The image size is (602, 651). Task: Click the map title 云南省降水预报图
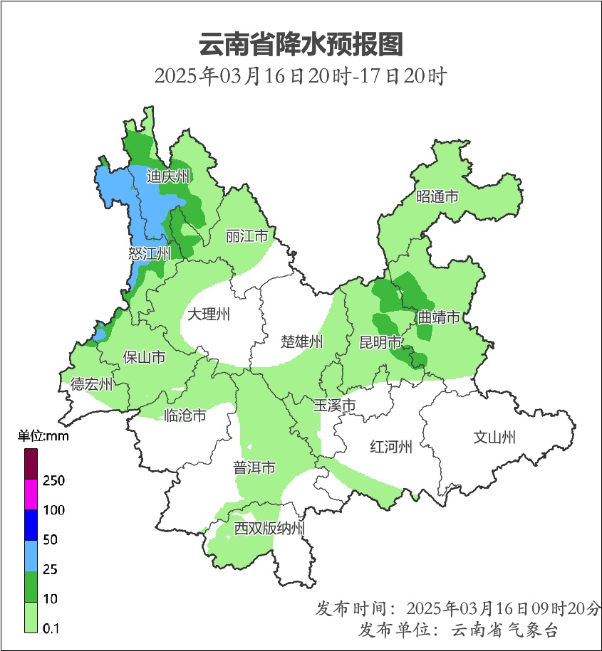[x=301, y=44]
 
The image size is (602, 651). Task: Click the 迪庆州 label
[x=168, y=176]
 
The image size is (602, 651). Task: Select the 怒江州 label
[x=150, y=253]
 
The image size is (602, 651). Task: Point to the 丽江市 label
[x=246, y=235]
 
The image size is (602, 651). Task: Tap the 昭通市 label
[x=437, y=197]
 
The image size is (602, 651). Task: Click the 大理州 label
[x=208, y=314]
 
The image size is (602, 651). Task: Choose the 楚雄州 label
[x=301, y=342]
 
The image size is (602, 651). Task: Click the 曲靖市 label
[x=438, y=317]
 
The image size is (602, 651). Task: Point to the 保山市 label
[x=144, y=357]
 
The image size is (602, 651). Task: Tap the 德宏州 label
[x=91, y=385]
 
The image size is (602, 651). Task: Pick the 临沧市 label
[x=185, y=416]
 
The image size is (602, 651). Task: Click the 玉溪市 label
[x=334, y=406]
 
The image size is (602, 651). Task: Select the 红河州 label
[x=391, y=447]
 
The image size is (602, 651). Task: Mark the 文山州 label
[x=494, y=437]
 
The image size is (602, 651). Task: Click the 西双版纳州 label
[x=270, y=529]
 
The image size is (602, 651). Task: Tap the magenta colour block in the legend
[x=31, y=494]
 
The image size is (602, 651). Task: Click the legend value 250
[x=54, y=481]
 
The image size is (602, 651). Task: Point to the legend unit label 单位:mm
[x=43, y=437]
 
